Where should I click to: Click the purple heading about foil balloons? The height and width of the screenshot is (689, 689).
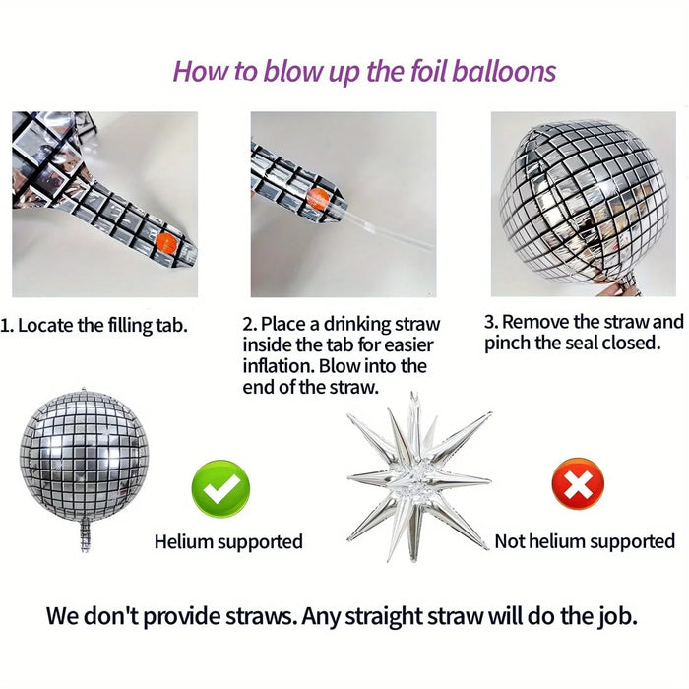coord(364,71)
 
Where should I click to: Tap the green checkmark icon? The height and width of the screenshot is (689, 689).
coord(219,488)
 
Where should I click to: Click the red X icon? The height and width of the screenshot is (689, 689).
coord(578,483)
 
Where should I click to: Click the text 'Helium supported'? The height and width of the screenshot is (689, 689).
coord(228,541)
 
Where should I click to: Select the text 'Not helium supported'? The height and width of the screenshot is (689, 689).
coord(585,541)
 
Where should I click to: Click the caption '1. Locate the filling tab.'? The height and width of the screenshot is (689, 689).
coord(94,324)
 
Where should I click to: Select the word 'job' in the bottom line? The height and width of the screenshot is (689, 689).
coord(611,617)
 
